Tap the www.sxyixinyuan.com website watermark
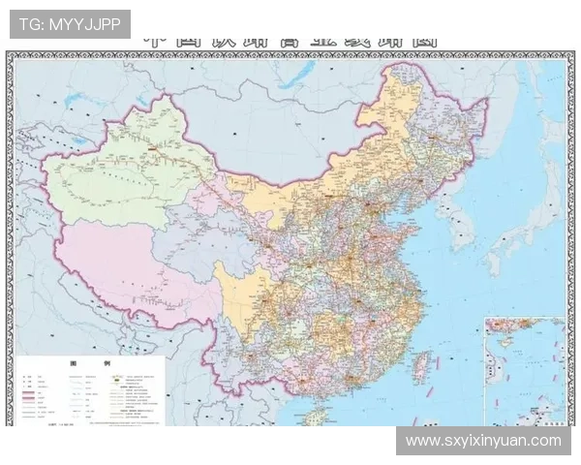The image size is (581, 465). [x=483, y=441]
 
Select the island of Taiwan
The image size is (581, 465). [x=422, y=366]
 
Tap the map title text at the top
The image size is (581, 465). [x=290, y=41]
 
